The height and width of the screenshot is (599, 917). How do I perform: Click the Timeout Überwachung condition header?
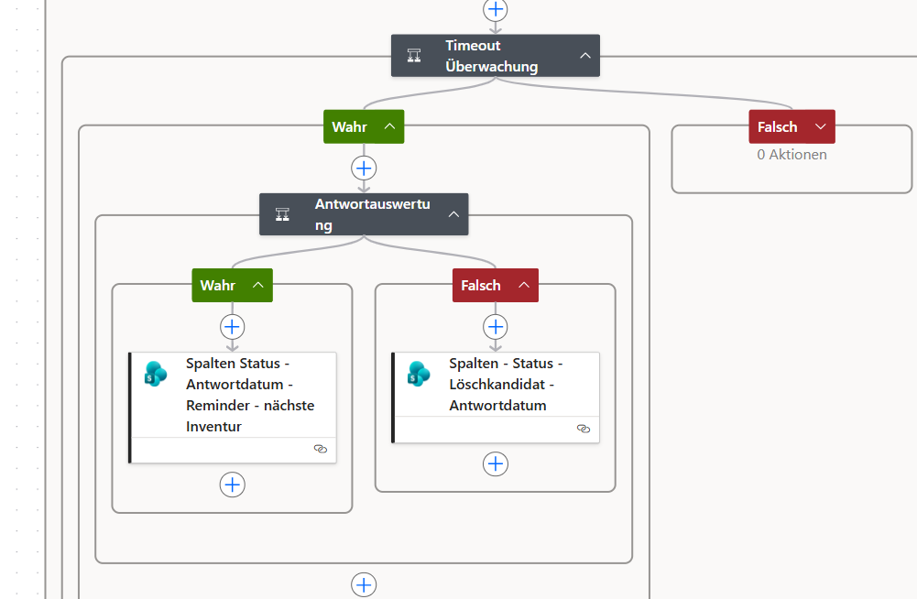point(495,56)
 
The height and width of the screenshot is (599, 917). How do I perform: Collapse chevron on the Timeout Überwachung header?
point(584,56)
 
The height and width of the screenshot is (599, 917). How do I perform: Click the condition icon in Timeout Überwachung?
point(414,56)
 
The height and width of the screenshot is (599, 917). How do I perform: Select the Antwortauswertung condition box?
point(363,214)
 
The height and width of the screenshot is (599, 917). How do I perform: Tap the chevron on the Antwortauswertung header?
point(453,214)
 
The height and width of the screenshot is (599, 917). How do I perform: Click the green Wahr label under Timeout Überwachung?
point(364,126)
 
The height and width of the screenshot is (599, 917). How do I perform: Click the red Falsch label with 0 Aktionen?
point(791,126)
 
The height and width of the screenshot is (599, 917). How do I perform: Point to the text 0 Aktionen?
point(791,155)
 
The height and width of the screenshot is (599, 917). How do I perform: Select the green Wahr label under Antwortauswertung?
point(232,285)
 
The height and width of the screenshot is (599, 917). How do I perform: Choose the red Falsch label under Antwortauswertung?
point(496,285)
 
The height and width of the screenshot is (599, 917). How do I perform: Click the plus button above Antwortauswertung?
point(364,169)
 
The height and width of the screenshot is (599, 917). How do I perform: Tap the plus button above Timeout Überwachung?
point(496,9)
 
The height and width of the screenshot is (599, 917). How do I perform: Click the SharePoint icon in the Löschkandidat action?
point(419,375)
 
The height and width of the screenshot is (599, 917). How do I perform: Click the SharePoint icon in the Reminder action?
point(156,375)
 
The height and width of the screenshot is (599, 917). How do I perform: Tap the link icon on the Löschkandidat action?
point(583,429)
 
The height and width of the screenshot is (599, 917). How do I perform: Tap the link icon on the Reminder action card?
point(321,449)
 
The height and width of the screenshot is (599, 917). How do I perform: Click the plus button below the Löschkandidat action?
point(496,463)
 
